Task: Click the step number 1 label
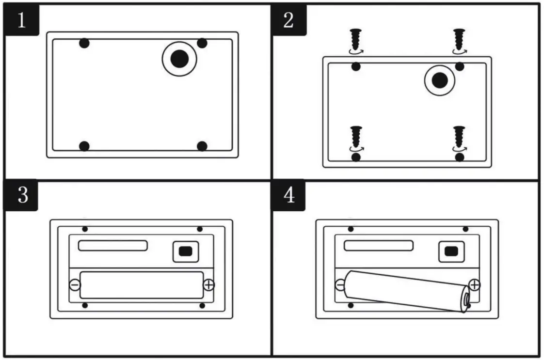21,21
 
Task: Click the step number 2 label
288,21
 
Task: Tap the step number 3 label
21,195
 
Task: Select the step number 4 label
288,195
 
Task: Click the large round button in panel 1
179,59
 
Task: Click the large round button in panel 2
440,80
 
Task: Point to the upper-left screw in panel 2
356,39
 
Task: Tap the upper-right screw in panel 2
459,39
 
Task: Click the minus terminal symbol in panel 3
75,285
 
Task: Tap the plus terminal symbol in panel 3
208,285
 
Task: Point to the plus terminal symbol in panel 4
474,285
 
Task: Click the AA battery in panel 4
406,290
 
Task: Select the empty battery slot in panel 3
141,285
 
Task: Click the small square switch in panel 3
185,251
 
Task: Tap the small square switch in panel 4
451,251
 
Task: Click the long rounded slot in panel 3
113,245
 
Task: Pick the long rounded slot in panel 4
379,245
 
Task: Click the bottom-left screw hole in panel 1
84,146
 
